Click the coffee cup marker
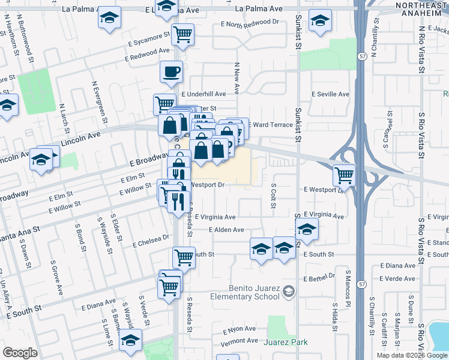pos(171,73)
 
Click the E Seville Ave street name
pos(327,94)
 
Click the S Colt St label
pos(273,196)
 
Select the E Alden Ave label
pos(226,230)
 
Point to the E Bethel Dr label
pos(319,276)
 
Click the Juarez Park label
pos(286,343)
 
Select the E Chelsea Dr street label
pos(151,241)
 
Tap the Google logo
pos(20,353)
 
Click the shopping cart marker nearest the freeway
pos(345,175)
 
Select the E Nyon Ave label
pos(239,329)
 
